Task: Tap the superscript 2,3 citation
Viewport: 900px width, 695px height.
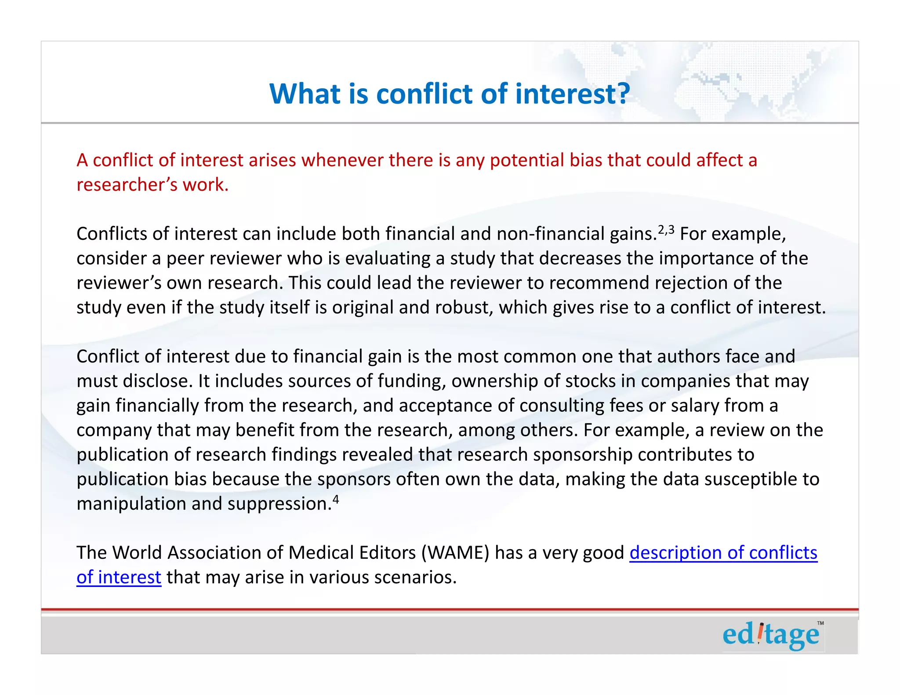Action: click(666, 230)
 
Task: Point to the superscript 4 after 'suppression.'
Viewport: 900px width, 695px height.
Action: click(336, 500)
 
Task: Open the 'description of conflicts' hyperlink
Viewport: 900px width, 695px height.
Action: click(723, 552)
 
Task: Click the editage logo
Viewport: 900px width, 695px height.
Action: click(771, 635)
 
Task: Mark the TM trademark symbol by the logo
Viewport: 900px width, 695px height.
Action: click(820, 623)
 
